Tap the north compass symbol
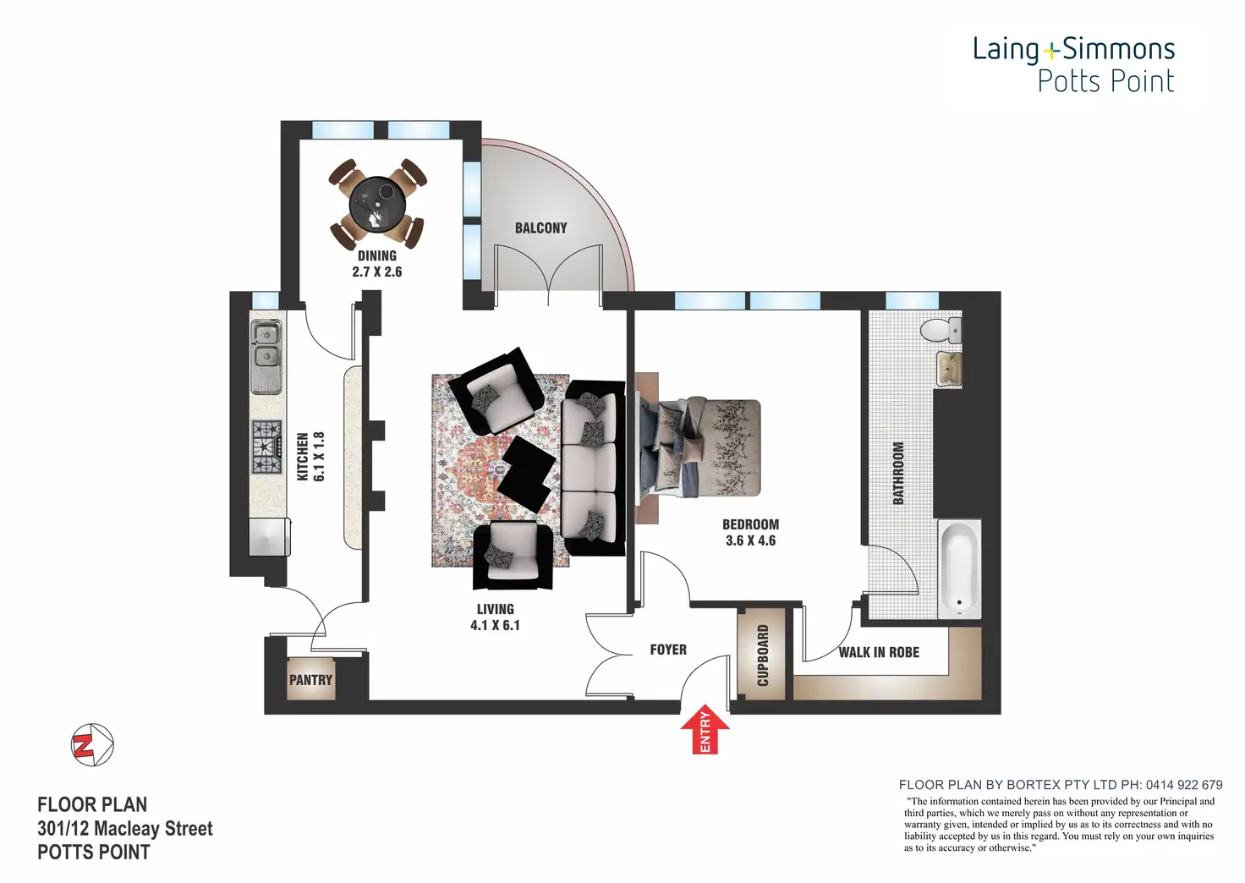(x=92, y=745)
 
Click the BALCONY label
(x=540, y=228)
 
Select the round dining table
(x=377, y=204)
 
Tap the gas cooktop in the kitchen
(x=266, y=447)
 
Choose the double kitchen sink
(x=266, y=355)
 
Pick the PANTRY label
(x=310, y=680)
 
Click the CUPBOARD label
(x=763, y=655)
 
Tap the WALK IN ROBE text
(x=879, y=652)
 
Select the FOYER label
(x=668, y=650)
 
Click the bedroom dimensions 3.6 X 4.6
(x=750, y=540)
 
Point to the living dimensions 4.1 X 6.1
(x=495, y=625)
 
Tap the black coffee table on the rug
(x=525, y=472)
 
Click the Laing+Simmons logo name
(x=1073, y=49)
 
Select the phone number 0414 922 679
(x=1184, y=785)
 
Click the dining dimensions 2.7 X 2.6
(x=377, y=271)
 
